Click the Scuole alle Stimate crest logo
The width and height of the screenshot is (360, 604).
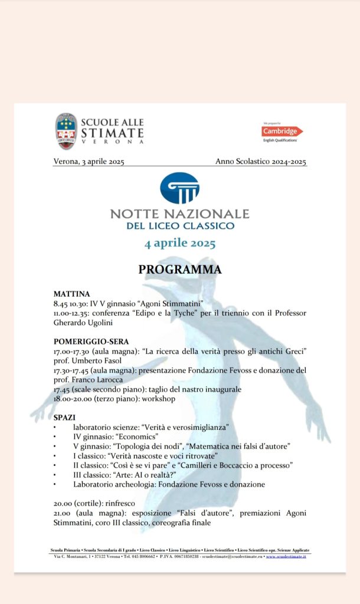pyautogui.click(x=66, y=132)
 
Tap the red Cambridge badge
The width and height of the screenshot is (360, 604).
pyautogui.click(x=282, y=131)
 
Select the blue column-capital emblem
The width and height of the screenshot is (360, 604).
pyautogui.click(x=179, y=188)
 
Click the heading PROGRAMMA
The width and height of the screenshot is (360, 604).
pyautogui.click(x=180, y=270)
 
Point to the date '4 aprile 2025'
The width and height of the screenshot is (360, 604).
pyautogui.click(x=180, y=243)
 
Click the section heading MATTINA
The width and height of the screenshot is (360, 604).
pyautogui.click(x=71, y=294)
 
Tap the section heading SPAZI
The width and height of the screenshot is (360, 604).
pyautogui.click(x=64, y=417)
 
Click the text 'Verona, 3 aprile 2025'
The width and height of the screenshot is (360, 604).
pyautogui.click(x=89, y=162)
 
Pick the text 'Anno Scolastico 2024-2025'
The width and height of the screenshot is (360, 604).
pyautogui.click(x=261, y=162)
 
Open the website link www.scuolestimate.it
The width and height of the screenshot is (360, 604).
pyautogui.click(x=286, y=556)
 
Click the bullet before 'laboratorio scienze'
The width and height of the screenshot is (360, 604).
pyautogui.click(x=55, y=427)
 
